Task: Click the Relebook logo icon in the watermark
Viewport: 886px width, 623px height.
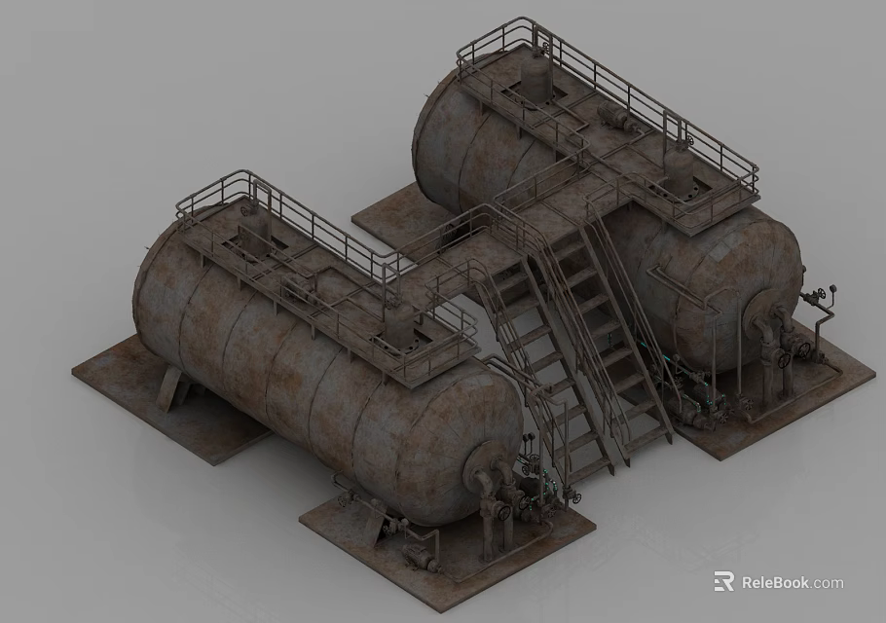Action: pos(723,582)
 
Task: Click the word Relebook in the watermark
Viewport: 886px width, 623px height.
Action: pos(775,583)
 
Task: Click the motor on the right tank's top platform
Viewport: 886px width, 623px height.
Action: pos(616,118)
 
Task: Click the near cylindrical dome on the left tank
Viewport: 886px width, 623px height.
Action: pos(398,331)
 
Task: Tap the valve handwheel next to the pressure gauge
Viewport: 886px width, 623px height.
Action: pos(830,291)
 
